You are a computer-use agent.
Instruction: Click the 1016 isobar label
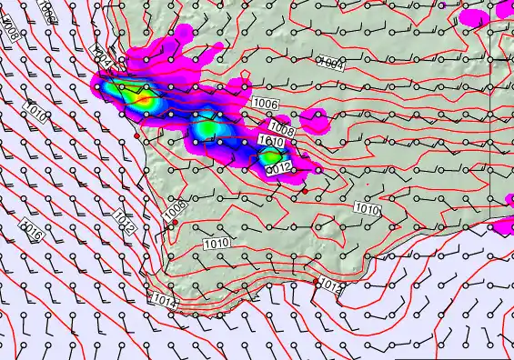pos(32,229)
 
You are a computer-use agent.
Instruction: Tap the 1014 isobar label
pos(164,300)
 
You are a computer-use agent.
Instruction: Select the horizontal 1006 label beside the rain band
pos(266,105)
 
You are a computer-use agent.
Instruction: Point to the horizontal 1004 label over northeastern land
pos(330,63)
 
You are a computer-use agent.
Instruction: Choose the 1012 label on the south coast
pos(330,288)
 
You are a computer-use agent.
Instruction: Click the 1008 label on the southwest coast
pos(175,208)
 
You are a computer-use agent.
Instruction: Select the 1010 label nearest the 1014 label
pos(217,244)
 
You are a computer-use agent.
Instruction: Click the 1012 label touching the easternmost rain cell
pos(278,167)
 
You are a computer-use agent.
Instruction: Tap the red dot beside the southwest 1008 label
pos(175,223)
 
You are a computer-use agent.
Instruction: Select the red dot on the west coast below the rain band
pos(137,135)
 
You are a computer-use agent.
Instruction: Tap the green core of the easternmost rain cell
pos(270,156)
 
